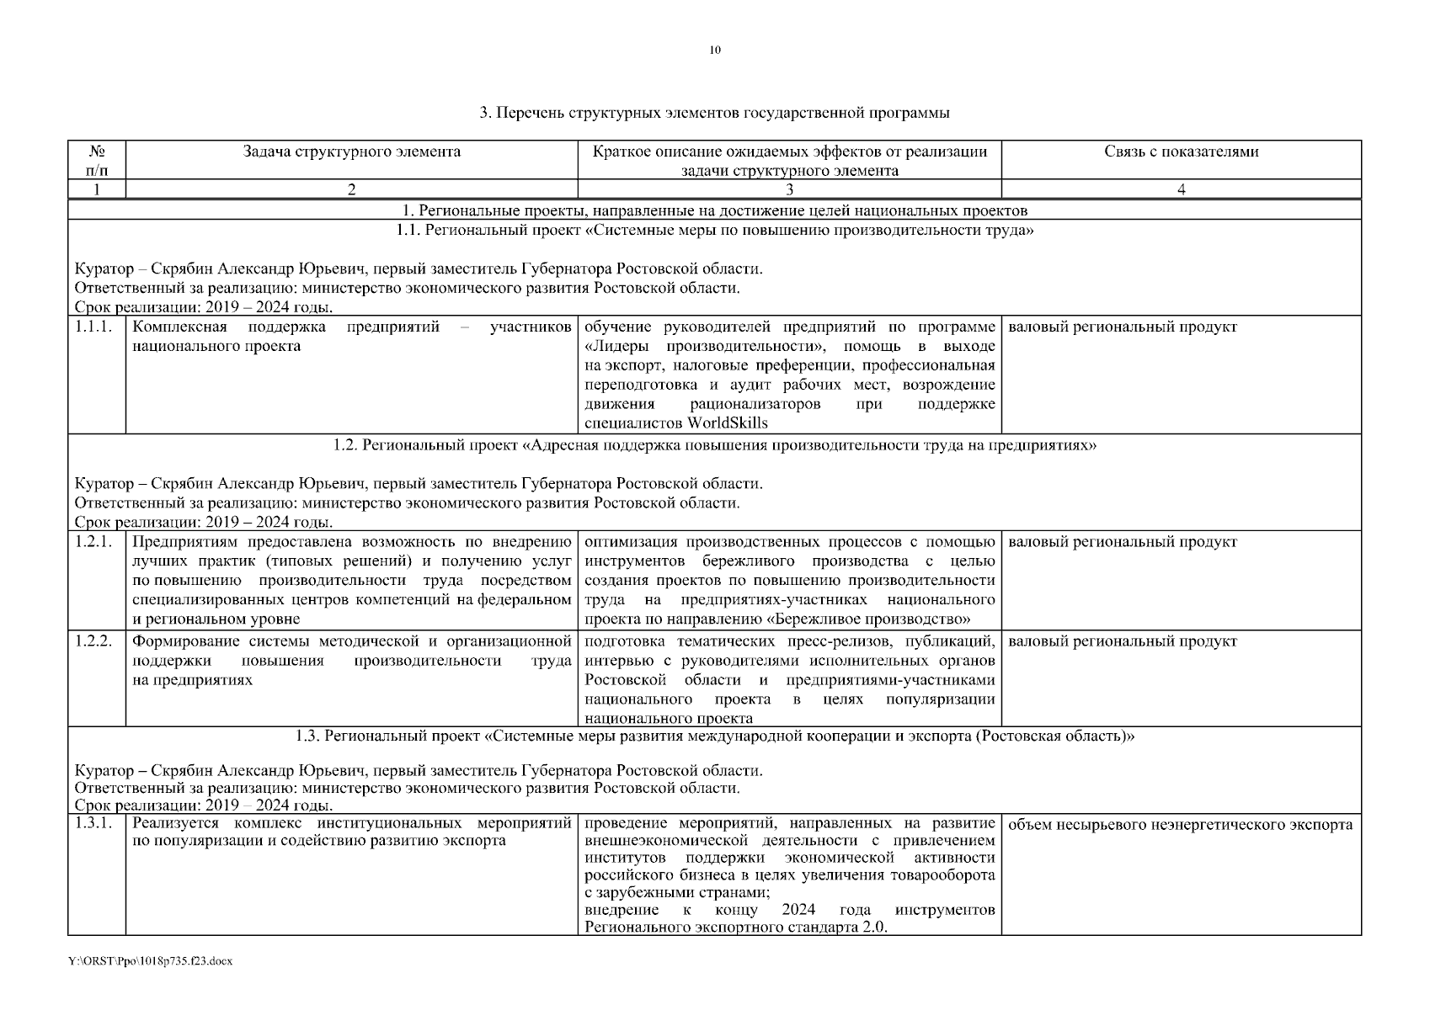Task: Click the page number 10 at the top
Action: pos(714,50)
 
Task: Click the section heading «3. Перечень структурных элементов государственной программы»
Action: pos(714,112)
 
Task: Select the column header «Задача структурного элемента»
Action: pos(351,152)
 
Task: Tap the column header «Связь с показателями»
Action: pos(1181,152)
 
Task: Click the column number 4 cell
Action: pos(1181,190)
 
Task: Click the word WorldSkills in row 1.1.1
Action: pos(728,423)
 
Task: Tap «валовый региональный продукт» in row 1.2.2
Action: pos(1122,641)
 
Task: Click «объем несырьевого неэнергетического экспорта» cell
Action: pos(1180,825)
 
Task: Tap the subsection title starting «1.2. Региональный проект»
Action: pos(714,445)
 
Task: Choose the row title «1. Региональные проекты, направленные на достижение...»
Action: pos(714,210)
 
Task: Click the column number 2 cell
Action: pos(351,190)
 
